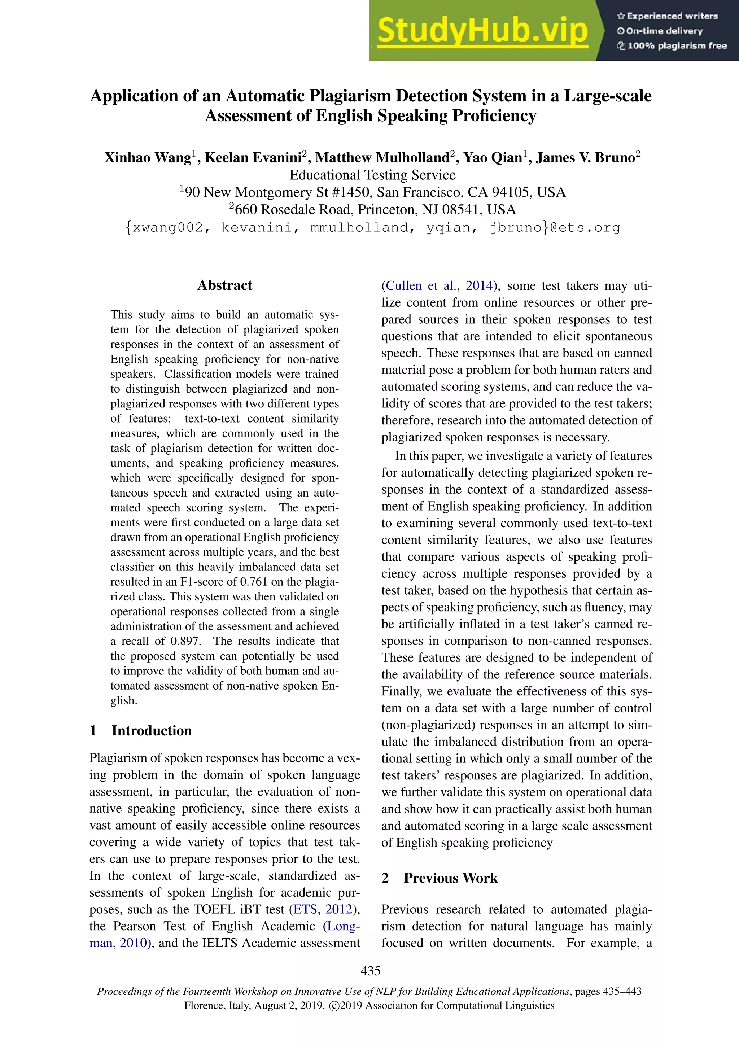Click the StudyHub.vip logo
click(482, 31)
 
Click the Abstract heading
click(224, 285)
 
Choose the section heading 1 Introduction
click(141, 730)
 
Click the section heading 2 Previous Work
click(440, 878)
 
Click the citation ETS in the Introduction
click(305, 909)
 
